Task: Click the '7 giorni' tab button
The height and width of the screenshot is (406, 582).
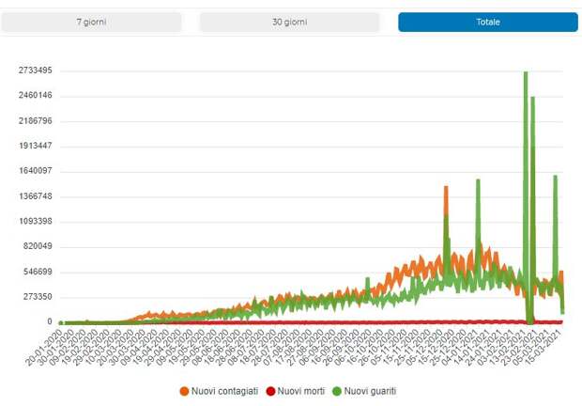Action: (91, 22)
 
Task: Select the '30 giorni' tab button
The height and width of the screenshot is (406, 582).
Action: (289, 22)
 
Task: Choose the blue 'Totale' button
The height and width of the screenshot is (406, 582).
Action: (487, 22)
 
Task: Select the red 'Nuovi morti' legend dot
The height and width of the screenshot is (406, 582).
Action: (272, 390)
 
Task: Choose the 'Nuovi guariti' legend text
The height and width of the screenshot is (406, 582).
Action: (371, 390)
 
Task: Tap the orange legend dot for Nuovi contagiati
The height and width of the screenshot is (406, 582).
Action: (184, 390)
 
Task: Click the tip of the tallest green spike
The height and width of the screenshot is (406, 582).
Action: (526, 72)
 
